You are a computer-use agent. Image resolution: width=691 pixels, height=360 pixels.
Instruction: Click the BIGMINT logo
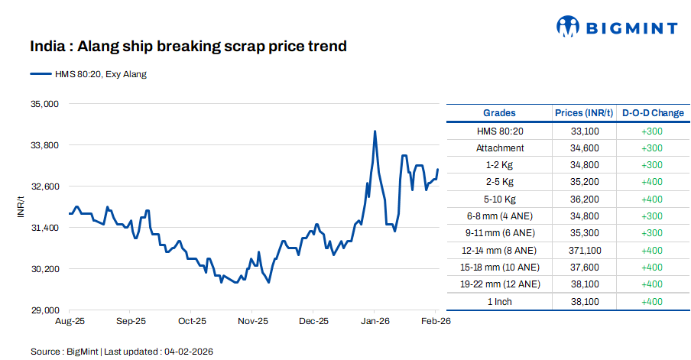coord(616,28)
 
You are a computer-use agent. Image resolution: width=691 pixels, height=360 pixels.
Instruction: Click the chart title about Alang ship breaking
coord(188,47)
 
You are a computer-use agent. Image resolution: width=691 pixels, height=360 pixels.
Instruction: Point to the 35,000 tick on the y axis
coord(43,103)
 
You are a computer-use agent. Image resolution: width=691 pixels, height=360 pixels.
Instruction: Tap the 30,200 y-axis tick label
coord(43,269)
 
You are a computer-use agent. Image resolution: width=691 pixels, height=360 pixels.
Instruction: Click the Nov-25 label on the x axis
coord(252,322)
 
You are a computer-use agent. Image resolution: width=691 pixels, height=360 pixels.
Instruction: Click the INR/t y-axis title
coord(21,206)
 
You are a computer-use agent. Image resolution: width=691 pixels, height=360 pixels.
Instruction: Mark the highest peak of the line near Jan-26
coord(375,131)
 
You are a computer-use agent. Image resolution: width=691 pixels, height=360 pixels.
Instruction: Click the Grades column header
coord(499,113)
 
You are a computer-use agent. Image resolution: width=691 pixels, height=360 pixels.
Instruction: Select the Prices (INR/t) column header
coord(584,113)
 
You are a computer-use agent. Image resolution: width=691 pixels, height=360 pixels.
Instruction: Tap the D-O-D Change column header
coord(652,113)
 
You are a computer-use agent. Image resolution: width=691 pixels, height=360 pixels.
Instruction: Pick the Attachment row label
coord(500,148)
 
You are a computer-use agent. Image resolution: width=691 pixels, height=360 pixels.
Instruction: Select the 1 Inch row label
coord(500,301)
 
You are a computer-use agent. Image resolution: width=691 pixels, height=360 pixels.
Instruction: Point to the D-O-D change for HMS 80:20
coord(652,131)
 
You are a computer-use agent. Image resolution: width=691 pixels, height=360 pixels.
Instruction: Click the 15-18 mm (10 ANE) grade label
coord(500,267)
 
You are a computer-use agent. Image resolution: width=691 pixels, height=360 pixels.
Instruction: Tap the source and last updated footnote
coord(122,352)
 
